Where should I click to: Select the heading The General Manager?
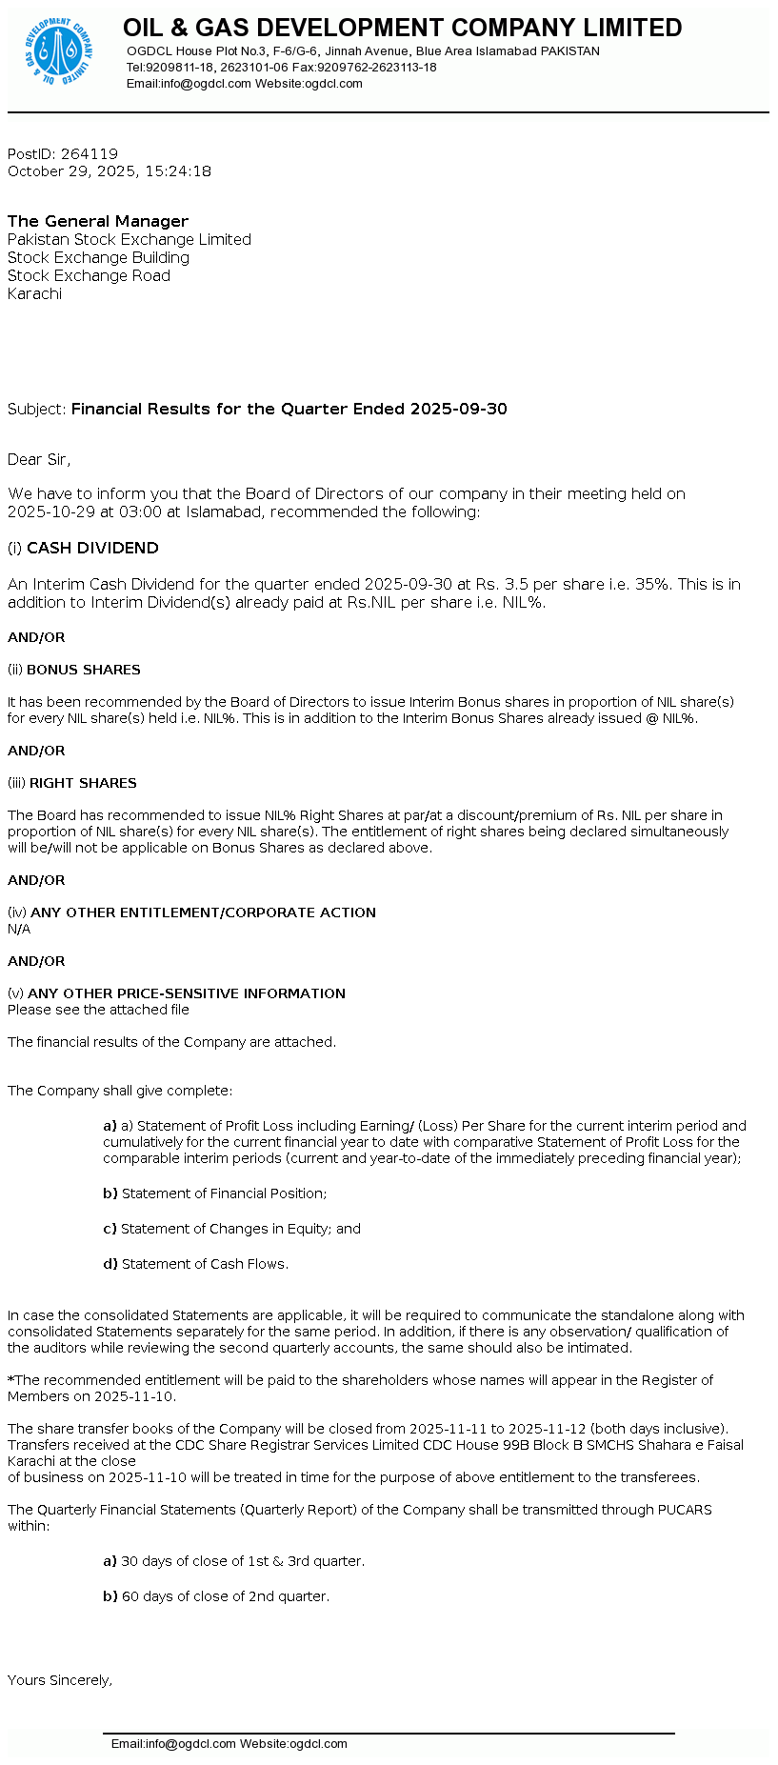pos(98,221)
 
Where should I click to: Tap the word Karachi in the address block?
pos(34,293)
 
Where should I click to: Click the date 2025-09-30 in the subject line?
pos(458,409)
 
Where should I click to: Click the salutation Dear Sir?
pos(38,459)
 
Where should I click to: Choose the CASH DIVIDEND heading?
pos(92,548)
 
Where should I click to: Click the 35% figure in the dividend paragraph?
pos(651,584)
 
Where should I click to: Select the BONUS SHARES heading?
pos(84,670)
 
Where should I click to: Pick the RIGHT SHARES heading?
pos(83,783)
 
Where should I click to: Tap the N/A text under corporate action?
pos(19,929)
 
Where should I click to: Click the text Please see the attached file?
pos(98,1010)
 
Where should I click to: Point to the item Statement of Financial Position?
pos(224,1193)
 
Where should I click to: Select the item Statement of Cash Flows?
pos(204,1264)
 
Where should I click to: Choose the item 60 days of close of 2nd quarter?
pos(225,1596)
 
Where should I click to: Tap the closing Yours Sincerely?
pos(60,1680)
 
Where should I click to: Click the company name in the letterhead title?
pos(402,28)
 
